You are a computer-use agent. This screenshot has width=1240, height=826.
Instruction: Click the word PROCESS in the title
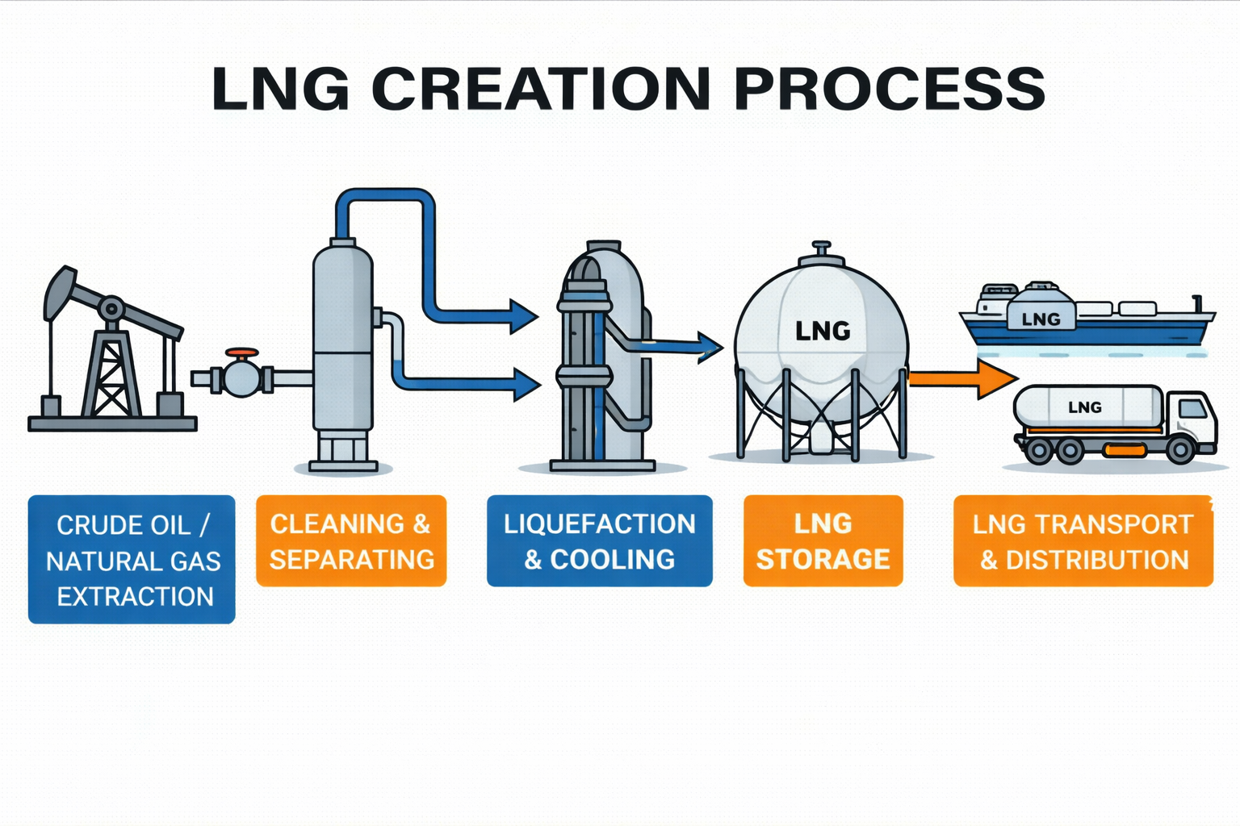[x=890, y=88]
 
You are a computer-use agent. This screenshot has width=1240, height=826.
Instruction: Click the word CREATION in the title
[x=541, y=88]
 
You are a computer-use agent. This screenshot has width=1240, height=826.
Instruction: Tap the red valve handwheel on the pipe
[x=242, y=353]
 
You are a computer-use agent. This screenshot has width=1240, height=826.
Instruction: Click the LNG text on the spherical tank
[x=823, y=331]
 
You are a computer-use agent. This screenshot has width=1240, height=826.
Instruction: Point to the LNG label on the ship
[x=1041, y=319]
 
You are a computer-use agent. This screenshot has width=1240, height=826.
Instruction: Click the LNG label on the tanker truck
[x=1084, y=407]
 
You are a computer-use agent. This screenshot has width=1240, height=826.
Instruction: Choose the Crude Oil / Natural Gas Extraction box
[x=132, y=560]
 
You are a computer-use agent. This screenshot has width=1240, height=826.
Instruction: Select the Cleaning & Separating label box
[x=351, y=541]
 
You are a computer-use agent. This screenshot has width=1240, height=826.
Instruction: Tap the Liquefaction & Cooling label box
[x=599, y=541]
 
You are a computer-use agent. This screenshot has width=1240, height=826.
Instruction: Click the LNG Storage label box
[x=823, y=541]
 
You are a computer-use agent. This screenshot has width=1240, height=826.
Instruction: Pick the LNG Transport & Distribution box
[x=1083, y=541]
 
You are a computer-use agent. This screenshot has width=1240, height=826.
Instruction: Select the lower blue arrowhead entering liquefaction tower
[x=526, y=384]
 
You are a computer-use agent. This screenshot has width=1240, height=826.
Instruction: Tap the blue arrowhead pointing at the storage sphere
[x=710, y=347]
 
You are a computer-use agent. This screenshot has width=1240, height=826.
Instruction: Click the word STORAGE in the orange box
[x=823, y=559]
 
